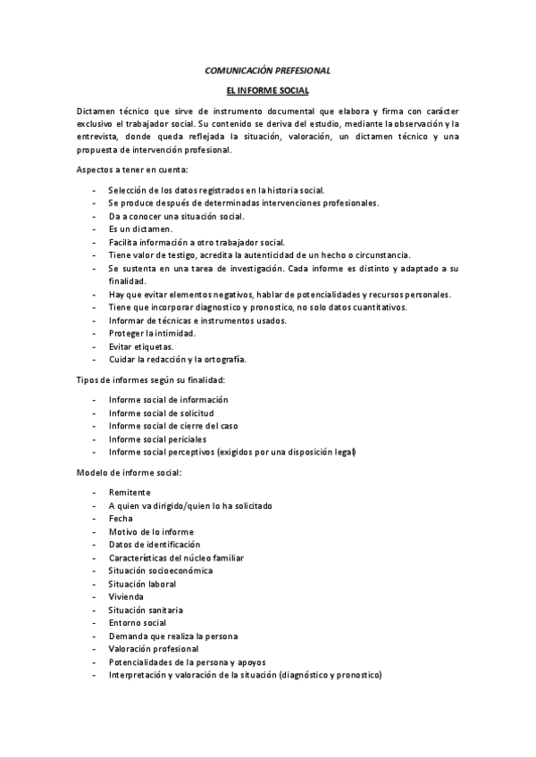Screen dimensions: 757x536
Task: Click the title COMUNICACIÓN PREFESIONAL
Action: (x=268, y=69)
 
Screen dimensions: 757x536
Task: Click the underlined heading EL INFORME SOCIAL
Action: (x=268, y=90)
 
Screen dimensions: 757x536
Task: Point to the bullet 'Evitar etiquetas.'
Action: (x=141, y=346)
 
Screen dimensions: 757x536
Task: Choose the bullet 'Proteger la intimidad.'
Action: (x=151, y=333)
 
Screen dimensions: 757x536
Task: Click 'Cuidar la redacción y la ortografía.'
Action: (x=177, y=360)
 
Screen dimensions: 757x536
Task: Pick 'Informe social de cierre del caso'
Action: (x=173, y=426)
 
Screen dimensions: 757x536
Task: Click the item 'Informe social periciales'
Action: (x=157, y=439)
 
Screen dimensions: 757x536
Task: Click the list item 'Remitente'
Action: (x=130, y=493)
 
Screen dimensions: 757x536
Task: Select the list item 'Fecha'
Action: (x=121, y=519)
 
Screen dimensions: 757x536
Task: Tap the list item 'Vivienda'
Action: (x=126, y=596)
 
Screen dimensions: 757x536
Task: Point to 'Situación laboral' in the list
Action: (x=142, y=584)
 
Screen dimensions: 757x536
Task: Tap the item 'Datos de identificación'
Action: (x=155, y=545)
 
